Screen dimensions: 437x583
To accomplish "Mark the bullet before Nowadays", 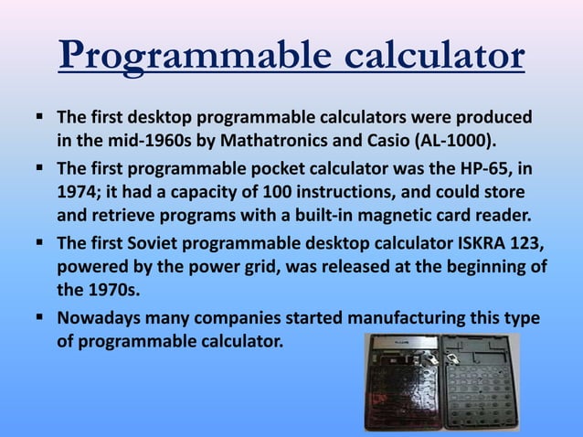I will (42, 318).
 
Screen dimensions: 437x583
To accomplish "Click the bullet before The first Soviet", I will (42, 243).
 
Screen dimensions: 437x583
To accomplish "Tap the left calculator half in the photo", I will (401, 383).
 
